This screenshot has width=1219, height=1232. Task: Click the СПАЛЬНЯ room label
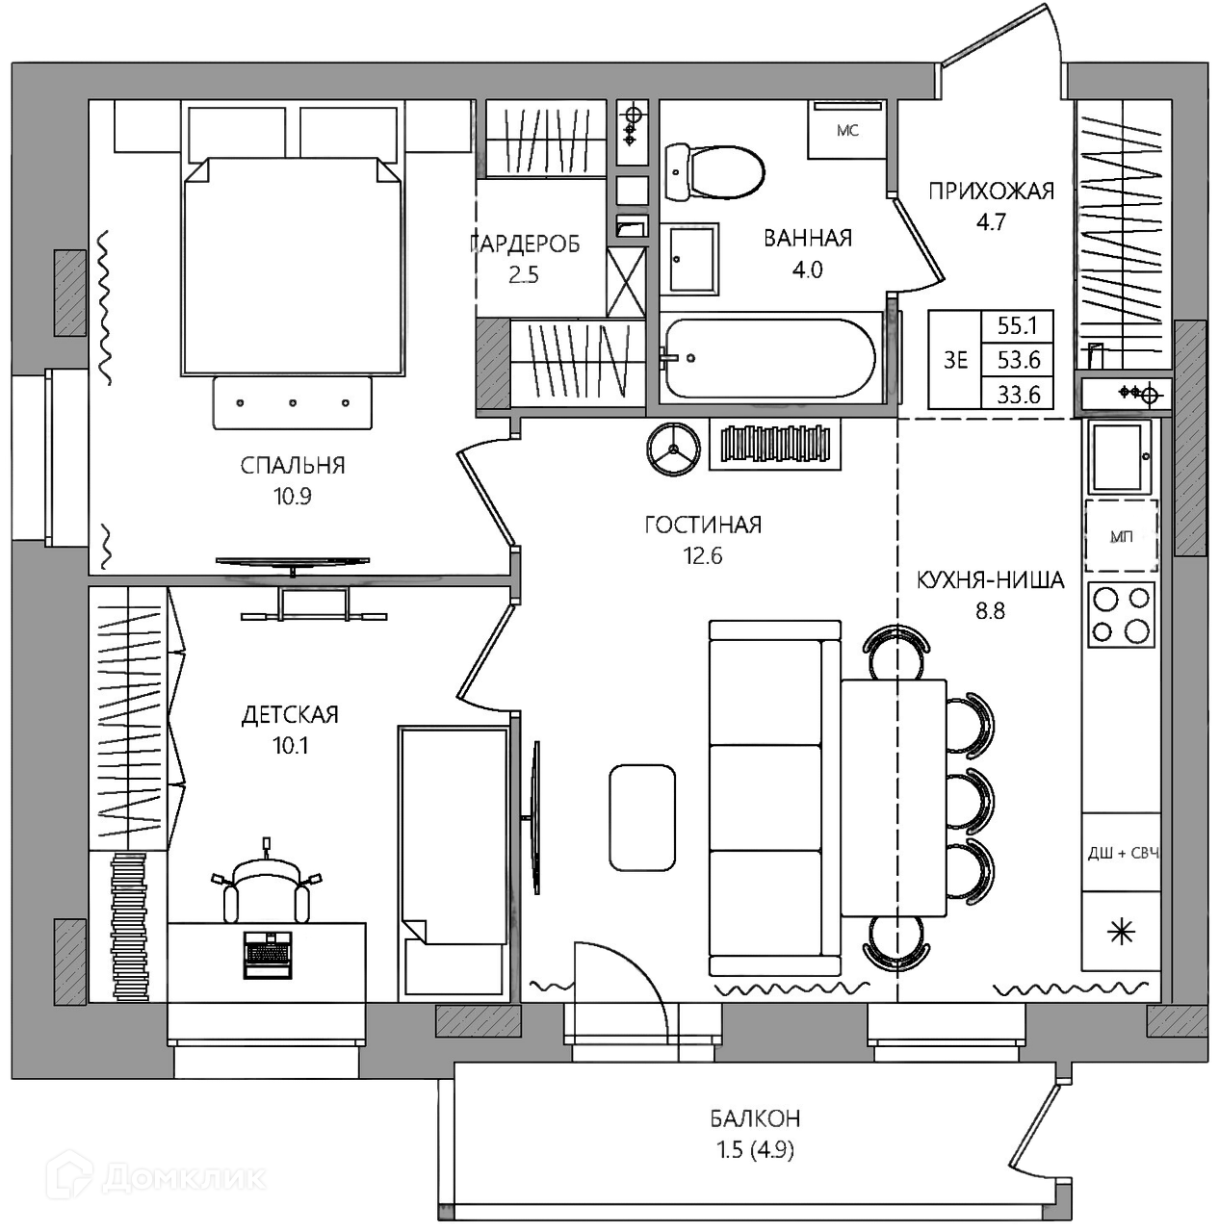pyautogui.click(x=293, y=466)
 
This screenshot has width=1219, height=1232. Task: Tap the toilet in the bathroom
pyautogui.click(x=714, y=170)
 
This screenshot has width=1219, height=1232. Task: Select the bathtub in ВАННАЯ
pyautogui.click(x=769, y=359)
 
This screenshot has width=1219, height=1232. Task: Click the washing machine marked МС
pyautogui.click(x=846, y=130)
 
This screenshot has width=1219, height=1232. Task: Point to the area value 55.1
pyautogui.click(x=1017, y=326)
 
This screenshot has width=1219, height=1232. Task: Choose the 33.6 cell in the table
pyautogui.click(x=1018, y=395)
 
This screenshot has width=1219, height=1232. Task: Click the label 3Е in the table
pyautogui.click(x=955, y=361)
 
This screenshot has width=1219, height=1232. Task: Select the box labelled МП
pyautogui.click(x=1121, y=536)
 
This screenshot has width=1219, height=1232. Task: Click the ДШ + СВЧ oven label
pyautogui.click(x=1123, y=853)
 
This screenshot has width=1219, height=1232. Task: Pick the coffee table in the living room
pyautogui.click(x=642, y=818)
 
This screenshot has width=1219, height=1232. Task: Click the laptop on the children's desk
pyautogui.click(x=268, y=955)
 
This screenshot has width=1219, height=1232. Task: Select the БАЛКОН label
pyautogui.click(x=755, y=1118)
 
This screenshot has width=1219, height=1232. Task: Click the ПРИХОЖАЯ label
pyautogui.click(x=991, y=192)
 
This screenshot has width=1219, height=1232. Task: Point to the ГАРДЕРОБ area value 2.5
pyautogui.click(x=524, y=275)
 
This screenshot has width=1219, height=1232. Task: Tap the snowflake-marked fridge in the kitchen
pyautogui.click(x=1121, y=933)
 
